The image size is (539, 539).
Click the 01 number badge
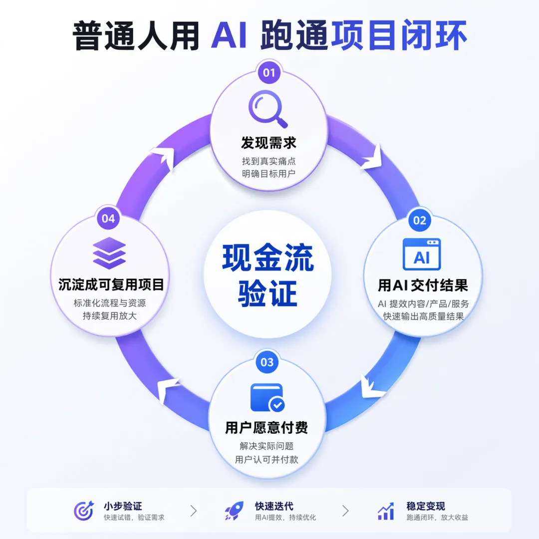(269, 73)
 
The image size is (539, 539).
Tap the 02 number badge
(420, 220)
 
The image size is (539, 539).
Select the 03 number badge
(268, 362)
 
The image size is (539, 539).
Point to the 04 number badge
(108, 219)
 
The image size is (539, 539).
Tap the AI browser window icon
(422, 255)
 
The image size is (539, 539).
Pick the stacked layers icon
(109, 254)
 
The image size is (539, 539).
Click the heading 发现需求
(269, 143)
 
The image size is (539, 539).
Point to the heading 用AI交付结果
(423, 285)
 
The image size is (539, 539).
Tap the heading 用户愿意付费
(267, 428)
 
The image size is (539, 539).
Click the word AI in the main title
(229, 36)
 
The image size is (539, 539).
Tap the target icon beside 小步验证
(83, 511)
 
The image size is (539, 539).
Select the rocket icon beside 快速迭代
(234, 511)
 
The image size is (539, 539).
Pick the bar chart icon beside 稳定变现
(385, 511)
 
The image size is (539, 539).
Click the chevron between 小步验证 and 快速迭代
(194, 511)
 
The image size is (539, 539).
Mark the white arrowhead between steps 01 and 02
(372, 158)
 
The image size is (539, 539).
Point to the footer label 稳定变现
(426, 506)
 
